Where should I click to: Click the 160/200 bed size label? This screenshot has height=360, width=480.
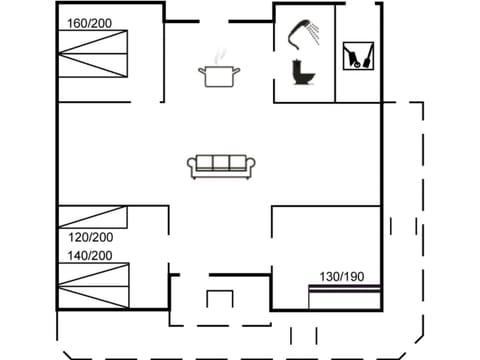coord(89,22)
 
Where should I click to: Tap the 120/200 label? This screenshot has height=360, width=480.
coord(90,237)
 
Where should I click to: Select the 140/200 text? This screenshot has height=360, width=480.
coord(90,256)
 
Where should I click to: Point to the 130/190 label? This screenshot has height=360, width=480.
coord(342,276)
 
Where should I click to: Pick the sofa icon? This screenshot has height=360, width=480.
coord(222,166)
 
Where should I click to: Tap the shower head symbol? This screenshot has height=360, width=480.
coord(300,34)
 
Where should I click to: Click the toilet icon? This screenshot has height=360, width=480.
coord(299,72)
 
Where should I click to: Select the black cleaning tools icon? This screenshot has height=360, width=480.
coord(354,55)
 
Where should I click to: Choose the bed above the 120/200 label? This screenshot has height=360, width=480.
coord(93,217)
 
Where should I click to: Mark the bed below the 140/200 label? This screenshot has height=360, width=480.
coord(93,284)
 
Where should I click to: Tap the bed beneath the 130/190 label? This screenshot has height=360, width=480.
coord(344,296)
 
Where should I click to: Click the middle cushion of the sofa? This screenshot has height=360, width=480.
coord(222,163)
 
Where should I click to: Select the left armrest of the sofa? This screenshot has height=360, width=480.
coord(191,168)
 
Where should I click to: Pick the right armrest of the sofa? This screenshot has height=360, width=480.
coord(253,168)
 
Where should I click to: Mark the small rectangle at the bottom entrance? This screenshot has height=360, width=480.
coord(219,299)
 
